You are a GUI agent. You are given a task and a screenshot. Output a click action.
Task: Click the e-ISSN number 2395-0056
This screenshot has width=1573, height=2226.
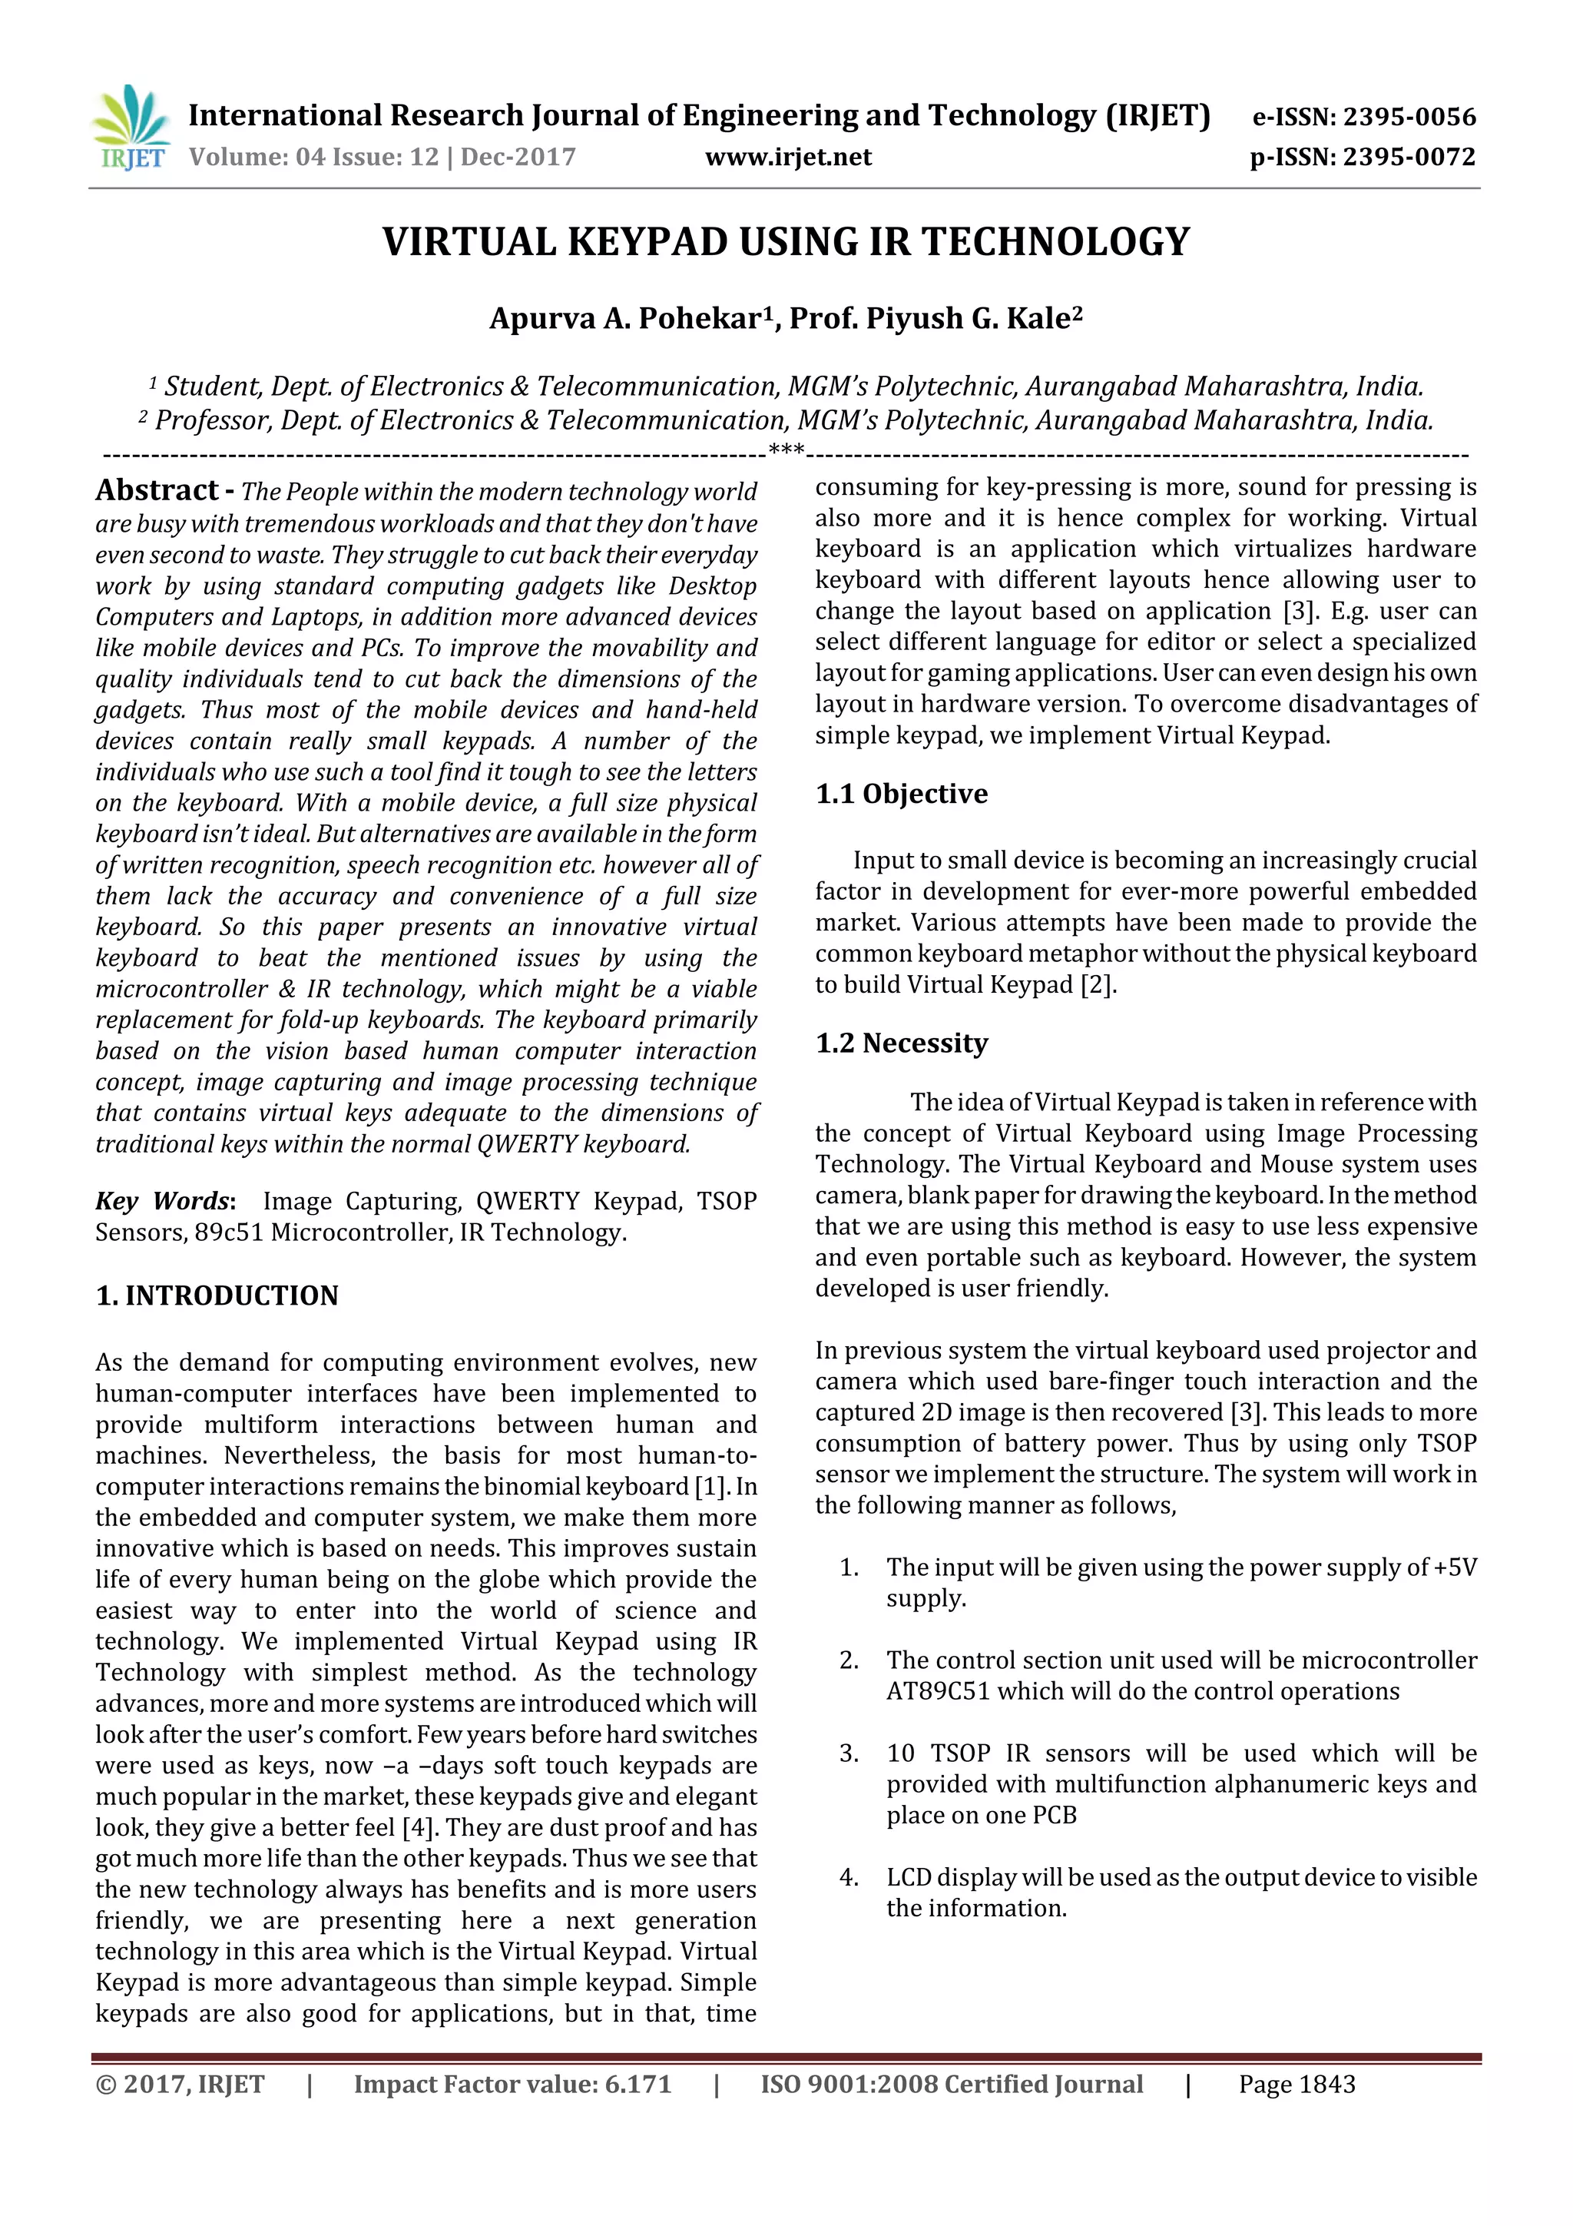1409,118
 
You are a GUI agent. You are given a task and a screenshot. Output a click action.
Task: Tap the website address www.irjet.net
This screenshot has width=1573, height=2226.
788,157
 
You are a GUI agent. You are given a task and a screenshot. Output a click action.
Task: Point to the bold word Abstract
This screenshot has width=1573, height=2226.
157,490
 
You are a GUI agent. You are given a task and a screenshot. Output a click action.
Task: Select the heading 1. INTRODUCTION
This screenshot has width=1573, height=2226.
217,1295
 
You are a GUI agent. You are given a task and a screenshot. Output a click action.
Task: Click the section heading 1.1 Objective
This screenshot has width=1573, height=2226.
902,794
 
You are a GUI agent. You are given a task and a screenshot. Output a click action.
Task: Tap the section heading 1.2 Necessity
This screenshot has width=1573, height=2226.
902,1043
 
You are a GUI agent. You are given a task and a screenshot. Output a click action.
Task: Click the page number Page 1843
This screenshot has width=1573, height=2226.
1296,2085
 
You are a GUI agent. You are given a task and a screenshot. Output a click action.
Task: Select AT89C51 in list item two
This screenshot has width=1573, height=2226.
937,1692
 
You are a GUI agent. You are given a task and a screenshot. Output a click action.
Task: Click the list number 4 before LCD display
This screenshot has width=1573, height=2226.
848,1878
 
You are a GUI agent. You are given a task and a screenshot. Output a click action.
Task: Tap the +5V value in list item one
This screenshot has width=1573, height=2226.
1455,1567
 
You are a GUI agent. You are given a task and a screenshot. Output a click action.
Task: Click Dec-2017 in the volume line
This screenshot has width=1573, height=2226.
518,157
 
